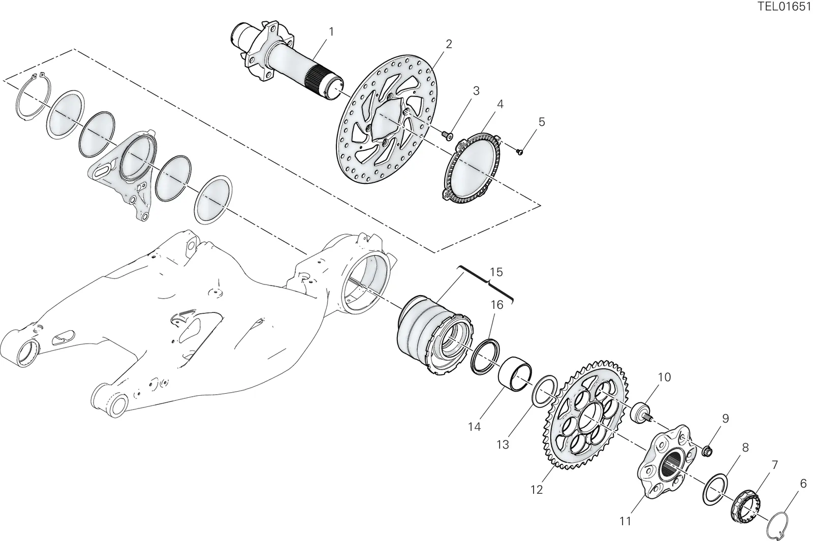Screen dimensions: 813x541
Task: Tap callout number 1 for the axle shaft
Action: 331,32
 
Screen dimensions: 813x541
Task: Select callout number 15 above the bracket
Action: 496,272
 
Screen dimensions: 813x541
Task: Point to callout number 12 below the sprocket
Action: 537,490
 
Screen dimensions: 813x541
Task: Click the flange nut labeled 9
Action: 707,452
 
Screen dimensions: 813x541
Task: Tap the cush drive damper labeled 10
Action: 642,414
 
